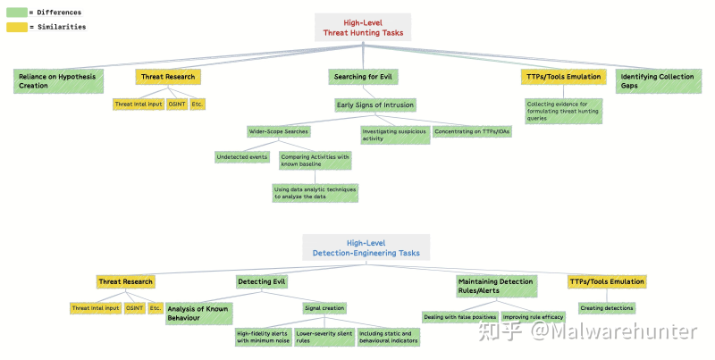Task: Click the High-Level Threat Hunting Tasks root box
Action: click(362, 27)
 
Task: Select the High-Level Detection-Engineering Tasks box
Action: click(366, 247)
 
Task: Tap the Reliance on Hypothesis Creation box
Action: click(59, 81)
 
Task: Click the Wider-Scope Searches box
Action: click(279, 131)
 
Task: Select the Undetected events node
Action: click(242, 157)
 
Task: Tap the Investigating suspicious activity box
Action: click(393, 135)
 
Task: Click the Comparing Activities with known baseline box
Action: click(315, 161)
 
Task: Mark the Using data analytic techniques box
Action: click(315, 192)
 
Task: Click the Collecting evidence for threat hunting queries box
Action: click(563, 110)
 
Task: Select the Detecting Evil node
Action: click(261, 281)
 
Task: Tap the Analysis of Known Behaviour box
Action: click(198, 313)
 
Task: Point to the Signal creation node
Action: click(324, 308)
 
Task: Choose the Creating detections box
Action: click(606, 308)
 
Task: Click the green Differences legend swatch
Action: click(16, 13)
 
